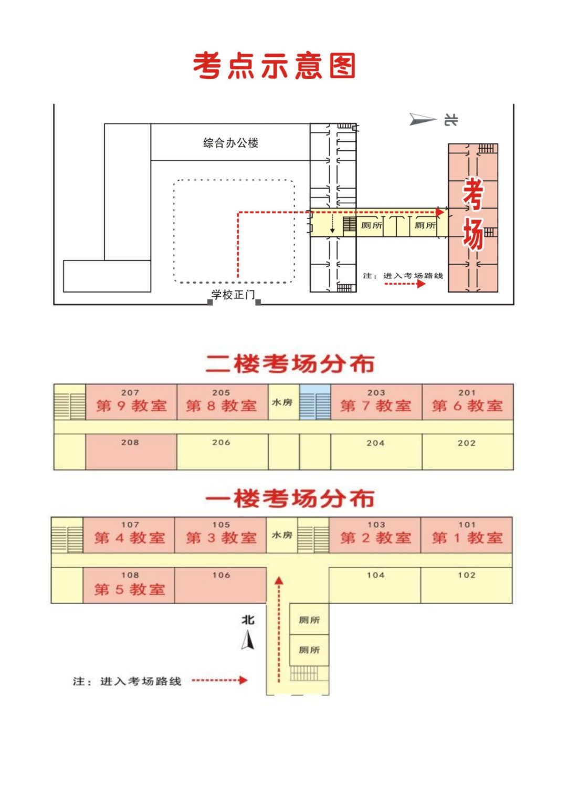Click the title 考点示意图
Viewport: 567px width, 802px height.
coord(275,66)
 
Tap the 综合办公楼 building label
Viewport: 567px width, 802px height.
coord(230,143)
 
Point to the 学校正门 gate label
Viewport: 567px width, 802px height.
coord(233,295)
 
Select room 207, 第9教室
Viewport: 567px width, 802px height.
coord(131,402)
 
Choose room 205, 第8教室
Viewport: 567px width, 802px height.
coord(222,402)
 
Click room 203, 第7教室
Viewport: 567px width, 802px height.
coord(376,402)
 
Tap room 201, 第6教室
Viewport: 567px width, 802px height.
coord(467,402)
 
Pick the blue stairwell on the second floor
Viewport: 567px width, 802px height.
coord(315,402)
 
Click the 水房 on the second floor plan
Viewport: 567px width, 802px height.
coord(282,402)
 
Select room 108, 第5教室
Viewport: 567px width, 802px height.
coord(129,585)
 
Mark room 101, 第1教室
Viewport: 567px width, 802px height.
coord(466,535)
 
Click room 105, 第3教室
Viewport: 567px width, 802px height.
coord(221,535)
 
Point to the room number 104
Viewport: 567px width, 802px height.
coord(375,576)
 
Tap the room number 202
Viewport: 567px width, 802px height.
coord(466,443)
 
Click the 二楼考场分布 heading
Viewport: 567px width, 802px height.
coord(289,364)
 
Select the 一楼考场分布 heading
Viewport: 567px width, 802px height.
coord(289,498)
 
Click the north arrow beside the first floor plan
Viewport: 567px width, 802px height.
coord(248,640)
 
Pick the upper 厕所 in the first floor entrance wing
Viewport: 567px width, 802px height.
coord(309,620)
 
